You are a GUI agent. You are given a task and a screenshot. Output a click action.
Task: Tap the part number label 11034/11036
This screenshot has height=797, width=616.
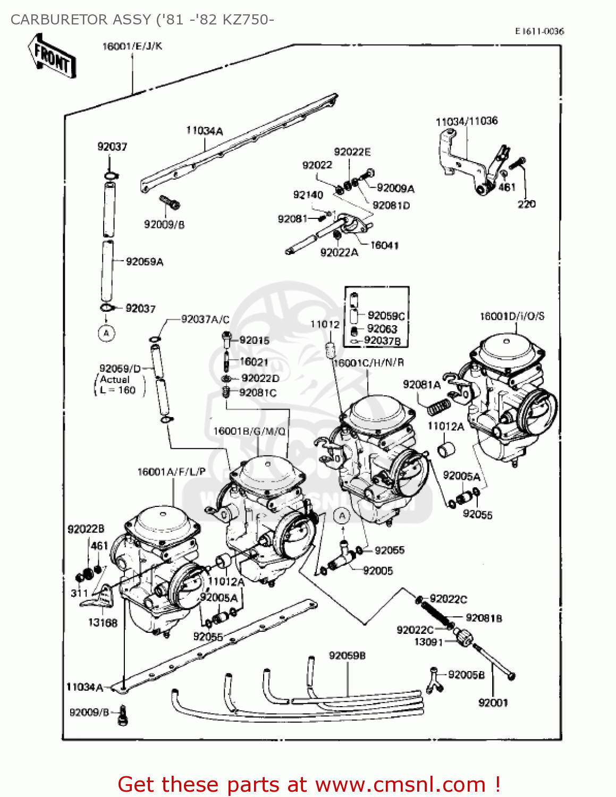coord(466,121)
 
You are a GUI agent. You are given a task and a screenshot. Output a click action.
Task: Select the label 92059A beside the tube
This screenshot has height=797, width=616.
coord(145,261)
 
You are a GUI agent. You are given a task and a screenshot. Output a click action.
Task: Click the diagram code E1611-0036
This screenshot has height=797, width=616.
coord(539,31)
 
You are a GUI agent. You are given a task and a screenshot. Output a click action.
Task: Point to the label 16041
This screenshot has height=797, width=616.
coord(384,245)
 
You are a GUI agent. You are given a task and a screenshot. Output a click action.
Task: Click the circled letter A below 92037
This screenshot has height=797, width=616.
coord(106,333)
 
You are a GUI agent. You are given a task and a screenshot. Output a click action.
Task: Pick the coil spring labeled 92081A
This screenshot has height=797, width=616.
coord(439,406)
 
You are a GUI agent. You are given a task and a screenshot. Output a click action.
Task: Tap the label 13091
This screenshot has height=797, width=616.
coord(428,642)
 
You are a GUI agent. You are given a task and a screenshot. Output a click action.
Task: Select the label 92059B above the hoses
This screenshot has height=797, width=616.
coord(347,656)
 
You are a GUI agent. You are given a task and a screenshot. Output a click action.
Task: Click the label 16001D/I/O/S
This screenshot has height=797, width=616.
coord(512,316)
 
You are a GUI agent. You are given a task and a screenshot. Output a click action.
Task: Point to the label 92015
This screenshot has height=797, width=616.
coord(254,340)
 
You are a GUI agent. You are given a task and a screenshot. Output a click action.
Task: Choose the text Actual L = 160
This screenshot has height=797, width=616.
coord(117,385)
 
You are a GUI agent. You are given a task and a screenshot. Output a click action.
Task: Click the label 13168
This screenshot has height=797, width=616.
coord(103,622)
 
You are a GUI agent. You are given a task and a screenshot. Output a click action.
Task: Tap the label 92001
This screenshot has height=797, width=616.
coord(493,702)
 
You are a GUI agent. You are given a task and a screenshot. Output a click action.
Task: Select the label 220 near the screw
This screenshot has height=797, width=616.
coord(526,204)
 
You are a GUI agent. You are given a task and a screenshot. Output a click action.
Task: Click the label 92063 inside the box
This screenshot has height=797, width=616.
coord(382,328)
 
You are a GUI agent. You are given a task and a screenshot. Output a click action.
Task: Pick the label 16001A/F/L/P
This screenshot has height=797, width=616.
coord(171,472)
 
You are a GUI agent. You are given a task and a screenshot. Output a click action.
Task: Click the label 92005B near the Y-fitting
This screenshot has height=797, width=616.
coord(466,674)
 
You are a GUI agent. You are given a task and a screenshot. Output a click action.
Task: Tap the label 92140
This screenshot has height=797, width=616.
coord(308,195)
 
